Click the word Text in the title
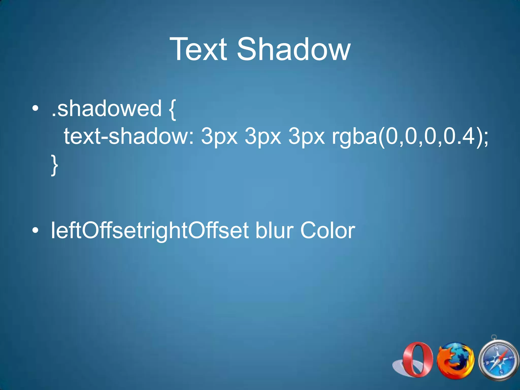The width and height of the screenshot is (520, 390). click(198, 49)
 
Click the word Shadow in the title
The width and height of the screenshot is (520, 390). click(294, 49)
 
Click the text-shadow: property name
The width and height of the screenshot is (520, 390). click(129, 136)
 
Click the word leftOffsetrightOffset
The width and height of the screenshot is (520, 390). click(150, 231)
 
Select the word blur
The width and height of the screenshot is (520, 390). click(274, 231)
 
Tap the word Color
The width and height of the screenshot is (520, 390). click(328, 231)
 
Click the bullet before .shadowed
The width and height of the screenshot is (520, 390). click(35, 109)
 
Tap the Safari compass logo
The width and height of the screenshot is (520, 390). click(498, 361)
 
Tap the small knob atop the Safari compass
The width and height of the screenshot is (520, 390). click(493, 337)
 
